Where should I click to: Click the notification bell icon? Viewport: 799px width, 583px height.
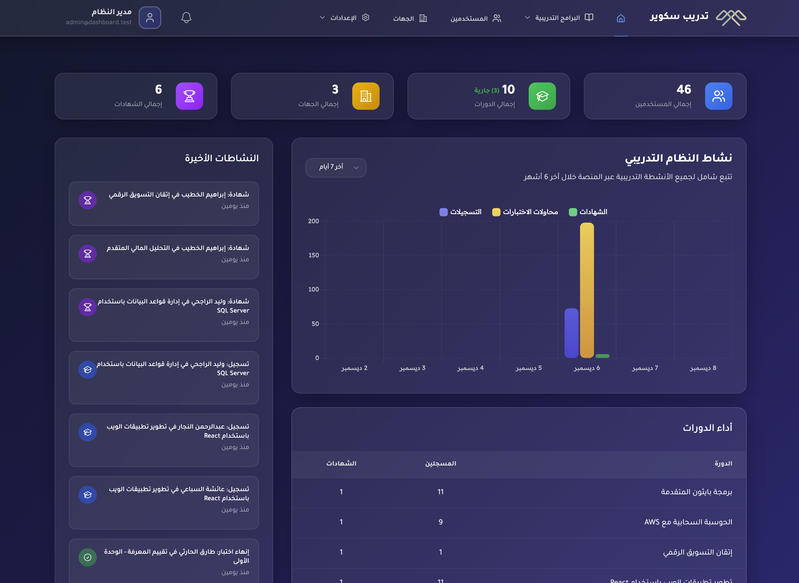[186, 18]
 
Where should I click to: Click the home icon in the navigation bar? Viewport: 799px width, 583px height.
[621, 18]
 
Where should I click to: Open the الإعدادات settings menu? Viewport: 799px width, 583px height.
[344, 18]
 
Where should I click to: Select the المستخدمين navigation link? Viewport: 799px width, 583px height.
[475, 18]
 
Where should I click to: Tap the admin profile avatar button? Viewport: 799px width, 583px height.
[150, 18]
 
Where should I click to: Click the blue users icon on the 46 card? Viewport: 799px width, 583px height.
[718, 96]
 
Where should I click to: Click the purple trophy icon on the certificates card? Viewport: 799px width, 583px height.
[189, 96]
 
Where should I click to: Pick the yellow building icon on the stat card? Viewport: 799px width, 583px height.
[365, 96]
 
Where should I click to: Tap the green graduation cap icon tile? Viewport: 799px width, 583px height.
[542, 96]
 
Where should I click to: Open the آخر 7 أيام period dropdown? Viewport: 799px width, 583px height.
[336, 167]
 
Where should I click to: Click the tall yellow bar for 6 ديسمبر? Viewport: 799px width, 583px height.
[586, 290]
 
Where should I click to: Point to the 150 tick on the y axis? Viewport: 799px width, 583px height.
[314, 255]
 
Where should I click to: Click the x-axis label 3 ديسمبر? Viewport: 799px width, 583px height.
[412, 368]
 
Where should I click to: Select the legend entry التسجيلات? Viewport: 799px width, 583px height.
[460, 212]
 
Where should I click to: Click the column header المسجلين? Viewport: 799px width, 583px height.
[440, 463]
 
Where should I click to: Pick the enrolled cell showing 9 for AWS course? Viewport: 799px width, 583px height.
[440, 522]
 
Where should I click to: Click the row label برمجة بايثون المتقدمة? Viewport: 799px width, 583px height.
[696, 492]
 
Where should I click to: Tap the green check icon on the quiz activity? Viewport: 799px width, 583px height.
[88, 557]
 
